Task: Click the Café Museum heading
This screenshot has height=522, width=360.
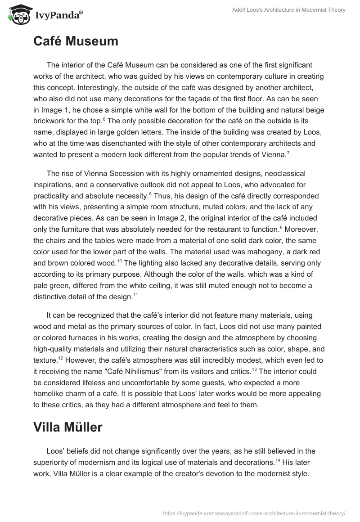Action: (76, 41)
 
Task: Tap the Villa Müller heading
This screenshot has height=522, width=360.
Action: (68, 427)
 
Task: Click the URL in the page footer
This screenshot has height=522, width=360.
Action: (253, 513)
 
